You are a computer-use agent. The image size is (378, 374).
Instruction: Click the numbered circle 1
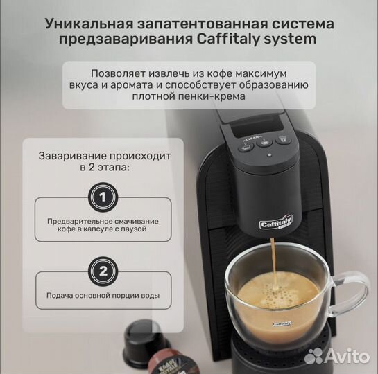[x=103, y=198]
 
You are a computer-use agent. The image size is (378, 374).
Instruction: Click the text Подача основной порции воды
[x=103, y=296]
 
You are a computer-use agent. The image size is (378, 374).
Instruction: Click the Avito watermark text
[x=345, y=355]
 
